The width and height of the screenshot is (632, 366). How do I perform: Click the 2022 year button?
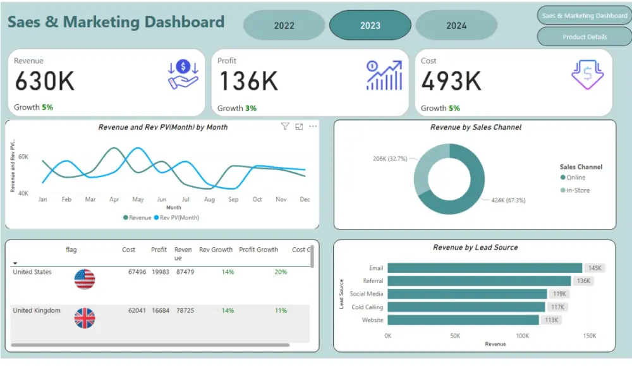[284, 26]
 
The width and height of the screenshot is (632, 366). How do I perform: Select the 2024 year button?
[456, 26]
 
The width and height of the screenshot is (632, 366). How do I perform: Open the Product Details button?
[584, 37]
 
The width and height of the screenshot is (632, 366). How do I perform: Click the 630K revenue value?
[44, 81]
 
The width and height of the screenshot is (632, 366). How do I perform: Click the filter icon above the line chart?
[284, 126]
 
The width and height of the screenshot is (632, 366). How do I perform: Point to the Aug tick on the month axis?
[209, 199]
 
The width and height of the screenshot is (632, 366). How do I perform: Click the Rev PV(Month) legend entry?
[178, 217]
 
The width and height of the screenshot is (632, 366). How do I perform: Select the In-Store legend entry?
[577, 190]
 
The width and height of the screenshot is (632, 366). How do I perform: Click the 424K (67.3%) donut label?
[508, 200]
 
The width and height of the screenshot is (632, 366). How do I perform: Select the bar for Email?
[484, 268]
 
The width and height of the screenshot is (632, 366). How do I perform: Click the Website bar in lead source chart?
[463, 320]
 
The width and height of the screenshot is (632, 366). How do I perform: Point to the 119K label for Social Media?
[559, 294]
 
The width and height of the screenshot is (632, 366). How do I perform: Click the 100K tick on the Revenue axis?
[522, 336]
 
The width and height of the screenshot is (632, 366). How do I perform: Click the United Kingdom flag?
[85, 318]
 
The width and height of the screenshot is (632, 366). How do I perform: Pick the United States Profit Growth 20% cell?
[281, 272]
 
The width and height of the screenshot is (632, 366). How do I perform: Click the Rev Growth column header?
[216, 250]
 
